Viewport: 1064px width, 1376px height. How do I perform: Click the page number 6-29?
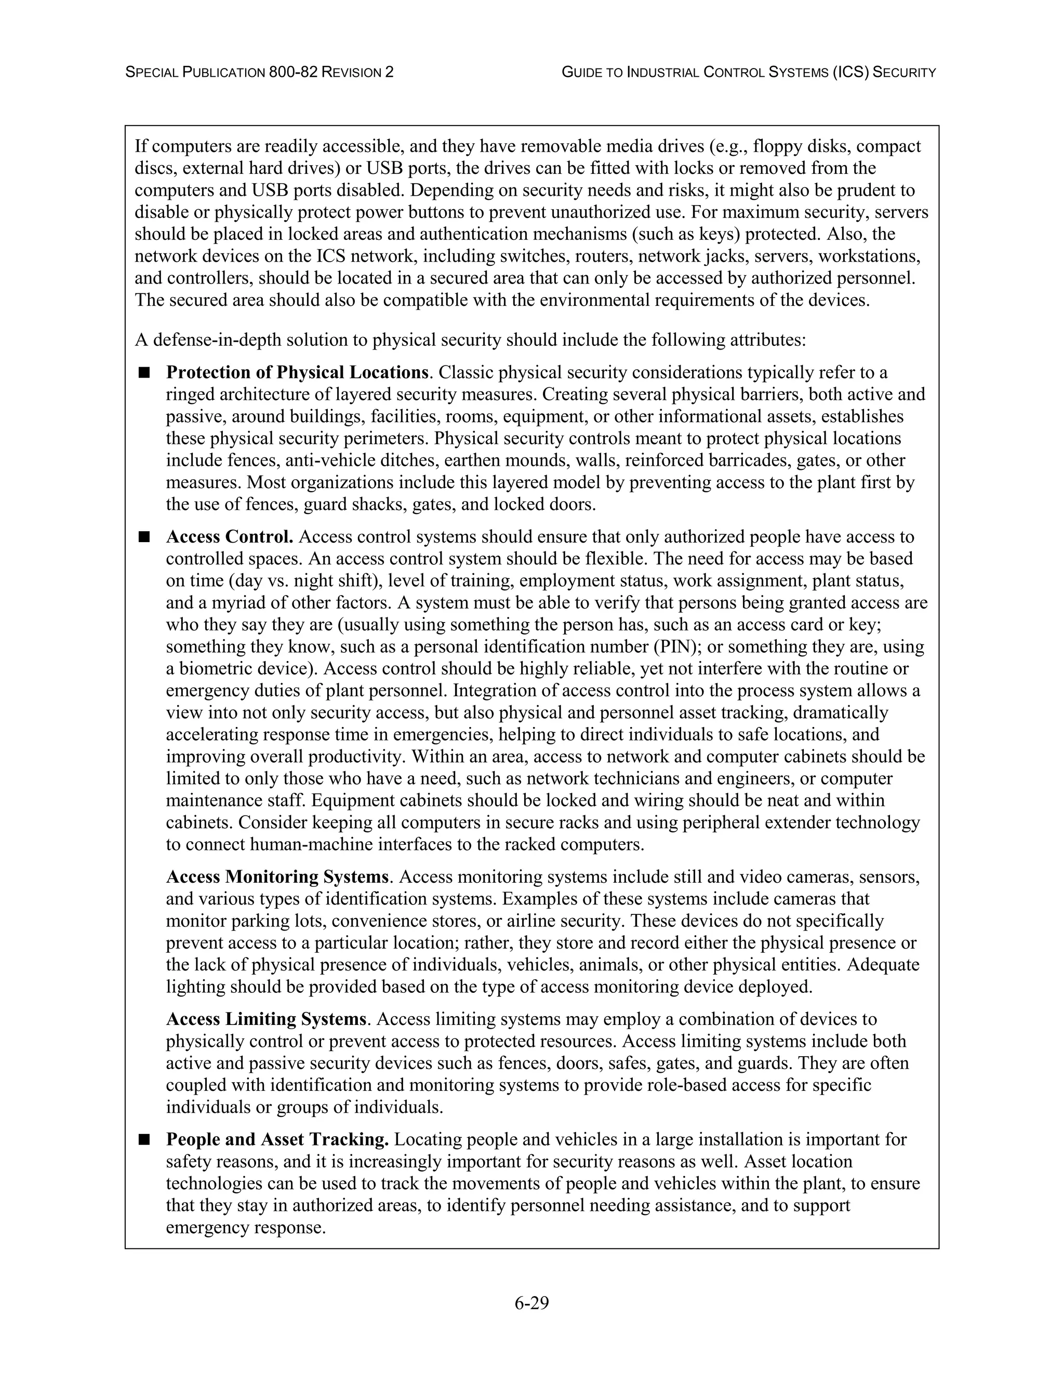click(531, 1302)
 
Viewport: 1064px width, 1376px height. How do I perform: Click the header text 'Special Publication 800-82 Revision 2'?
click(260, 73)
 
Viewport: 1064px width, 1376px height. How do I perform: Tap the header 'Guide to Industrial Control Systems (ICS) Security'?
click(748, 73)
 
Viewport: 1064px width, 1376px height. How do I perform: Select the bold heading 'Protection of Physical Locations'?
click(297, 372)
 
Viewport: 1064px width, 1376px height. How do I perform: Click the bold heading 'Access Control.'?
click(230, 537)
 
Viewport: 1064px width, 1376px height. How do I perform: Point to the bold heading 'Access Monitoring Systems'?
click(277, 876)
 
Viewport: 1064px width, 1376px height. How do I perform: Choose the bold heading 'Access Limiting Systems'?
click(266, 1019)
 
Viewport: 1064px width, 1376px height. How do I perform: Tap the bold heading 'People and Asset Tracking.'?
click(277, 1139)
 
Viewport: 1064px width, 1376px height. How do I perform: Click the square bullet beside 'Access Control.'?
click(144, 537)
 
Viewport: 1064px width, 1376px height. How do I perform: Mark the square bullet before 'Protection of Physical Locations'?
click(144, 372)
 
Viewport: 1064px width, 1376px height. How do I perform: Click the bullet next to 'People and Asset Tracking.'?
click(144, 1139)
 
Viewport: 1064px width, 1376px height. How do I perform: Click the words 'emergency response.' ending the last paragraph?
click(246, 1227)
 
